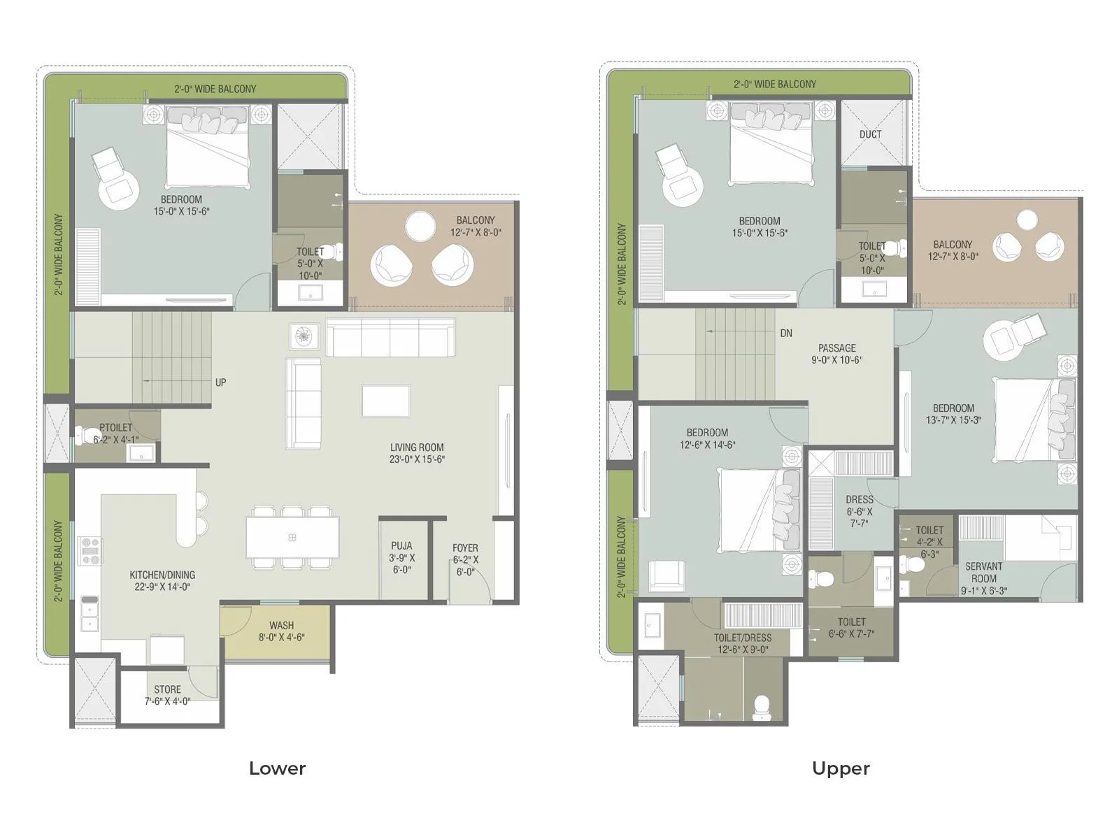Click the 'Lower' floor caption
(277, 768)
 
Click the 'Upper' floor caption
(841, 768)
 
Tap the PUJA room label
(401, 545)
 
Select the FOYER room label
(465, 548)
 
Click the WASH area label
(281, 625)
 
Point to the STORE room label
(167, 689)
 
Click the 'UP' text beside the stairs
(220, 382)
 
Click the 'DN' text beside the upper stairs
(786, 334)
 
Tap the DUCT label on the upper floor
(870, 134)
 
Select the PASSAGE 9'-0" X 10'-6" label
(836, 354)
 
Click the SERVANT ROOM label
(983, 572)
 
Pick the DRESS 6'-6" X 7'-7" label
(859, 510)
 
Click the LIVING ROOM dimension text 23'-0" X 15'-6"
(417, 459)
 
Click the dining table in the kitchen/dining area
(292, 537)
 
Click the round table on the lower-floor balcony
(421, 226)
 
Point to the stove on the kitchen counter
(91, 550)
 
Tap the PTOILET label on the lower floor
(115, 427)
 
